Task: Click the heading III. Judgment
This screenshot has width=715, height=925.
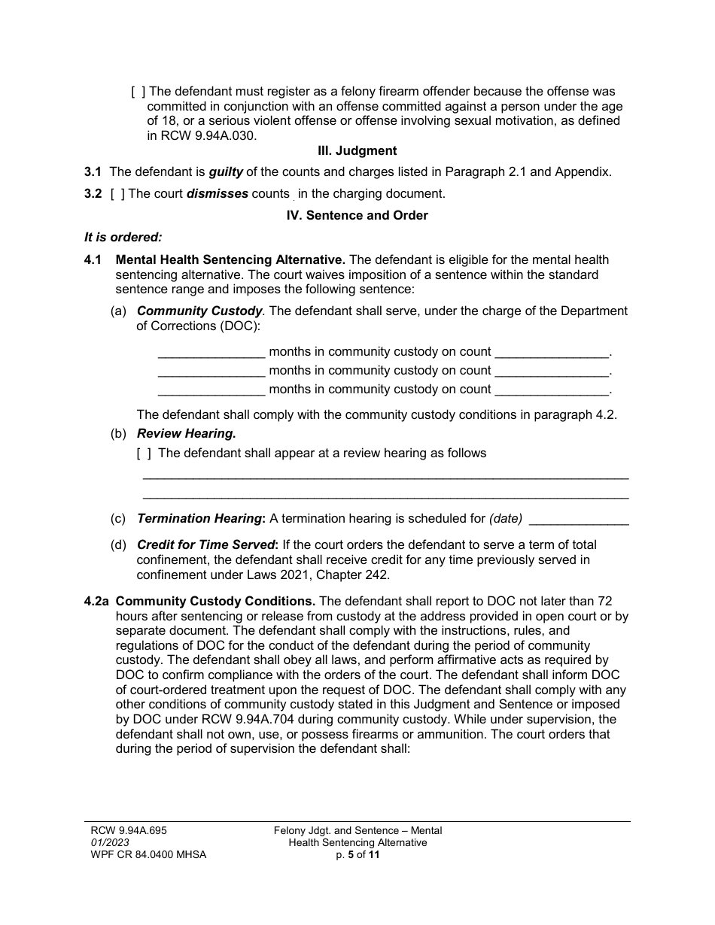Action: click(x=357, y=151)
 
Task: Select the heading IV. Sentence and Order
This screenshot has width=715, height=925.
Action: click(x=357, y=215)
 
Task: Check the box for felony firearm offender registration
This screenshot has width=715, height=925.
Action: click(x=138, y=92)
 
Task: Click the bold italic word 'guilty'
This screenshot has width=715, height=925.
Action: click(x=226, y=171)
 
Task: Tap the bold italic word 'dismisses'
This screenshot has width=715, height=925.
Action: click(x=217, y=194)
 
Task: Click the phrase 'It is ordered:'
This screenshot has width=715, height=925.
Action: click(x=123, y=237)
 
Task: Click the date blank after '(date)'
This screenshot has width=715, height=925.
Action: click(x=580, y=519)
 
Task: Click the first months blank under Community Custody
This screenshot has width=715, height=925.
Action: click(x=211, y=352)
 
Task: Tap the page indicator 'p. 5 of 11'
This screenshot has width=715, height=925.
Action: click(x=357, y=855)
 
